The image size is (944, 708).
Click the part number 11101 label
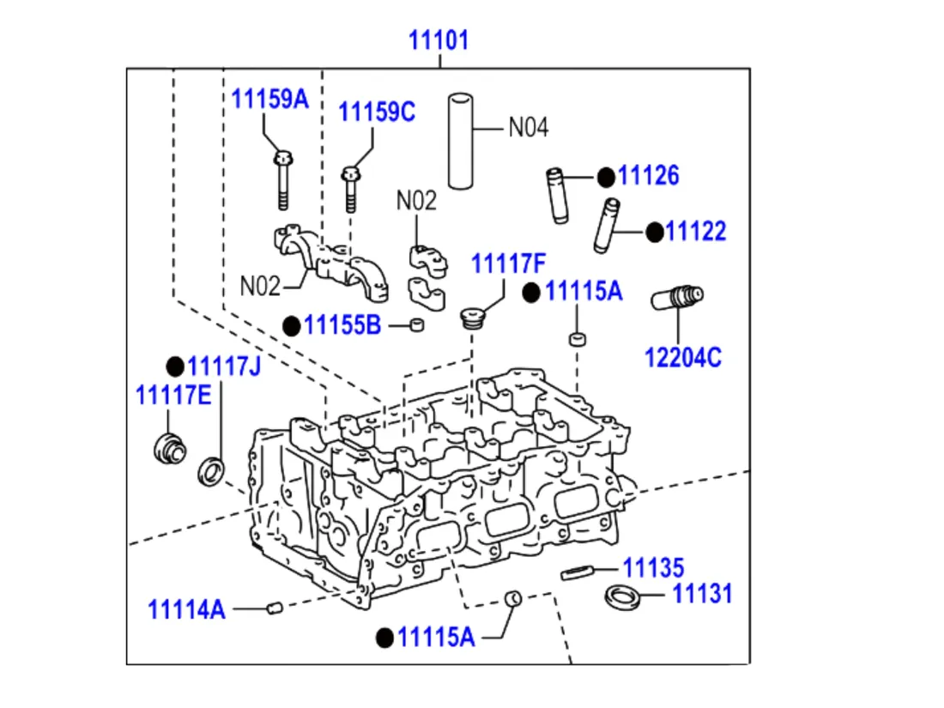(x=439, y=40)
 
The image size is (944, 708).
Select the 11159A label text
(x=269, y=99)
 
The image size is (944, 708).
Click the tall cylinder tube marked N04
(x=461, y=141)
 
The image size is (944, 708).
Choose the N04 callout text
(x=528, y=128)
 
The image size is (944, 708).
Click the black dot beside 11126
(x=606, y=177)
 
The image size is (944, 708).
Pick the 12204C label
(x=684, y=357)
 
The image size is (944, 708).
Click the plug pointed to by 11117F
(x=470, y=318)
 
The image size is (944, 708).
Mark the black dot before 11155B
(x=292, y=325)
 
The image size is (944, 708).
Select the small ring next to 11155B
(x=418, y=325)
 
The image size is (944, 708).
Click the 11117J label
(x=224, y=366)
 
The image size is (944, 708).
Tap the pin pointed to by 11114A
(x=275, y=608)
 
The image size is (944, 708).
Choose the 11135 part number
(x=653, y=567)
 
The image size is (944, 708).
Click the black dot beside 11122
(x=655, y=232)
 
